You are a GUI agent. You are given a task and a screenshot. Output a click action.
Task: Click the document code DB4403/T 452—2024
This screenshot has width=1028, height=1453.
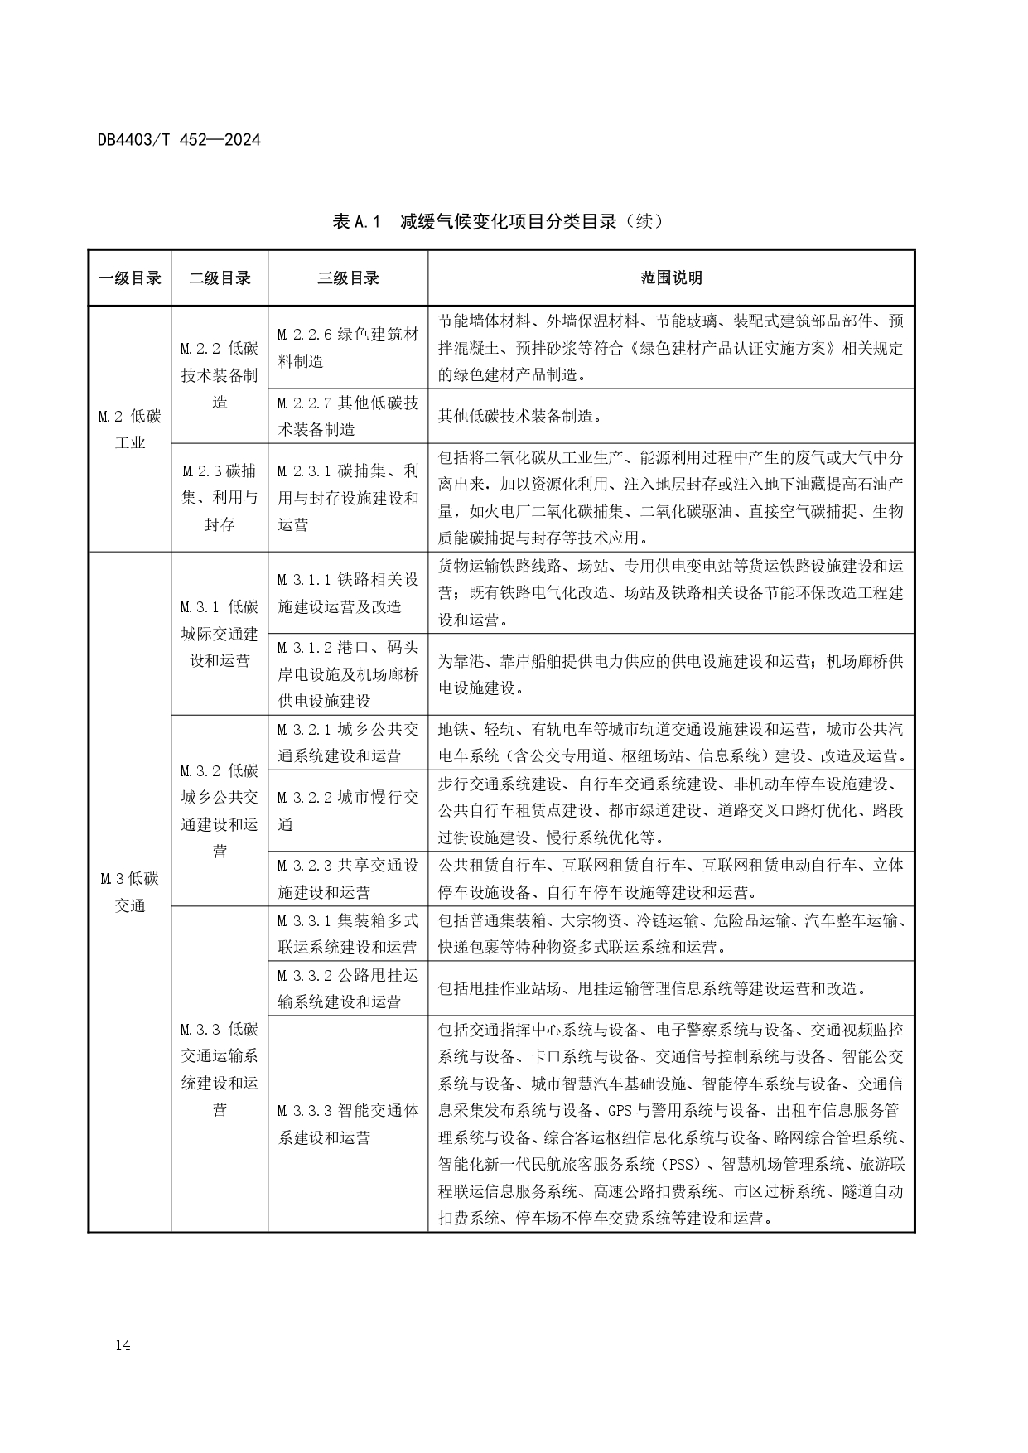point(179,140)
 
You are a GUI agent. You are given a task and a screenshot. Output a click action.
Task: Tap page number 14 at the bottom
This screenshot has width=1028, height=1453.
point(123,1345)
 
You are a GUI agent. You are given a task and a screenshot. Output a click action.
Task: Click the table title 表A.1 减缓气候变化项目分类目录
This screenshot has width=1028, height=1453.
point(499,221)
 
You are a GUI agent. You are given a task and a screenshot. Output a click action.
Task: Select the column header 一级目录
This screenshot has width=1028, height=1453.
point(130,278)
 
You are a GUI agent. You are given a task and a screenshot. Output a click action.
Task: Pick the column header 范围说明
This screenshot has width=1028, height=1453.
point(671,278)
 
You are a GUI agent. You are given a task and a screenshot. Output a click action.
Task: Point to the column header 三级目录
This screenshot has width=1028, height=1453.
point(348,278)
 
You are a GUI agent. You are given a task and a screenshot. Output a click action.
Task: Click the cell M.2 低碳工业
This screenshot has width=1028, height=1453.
point(130,429)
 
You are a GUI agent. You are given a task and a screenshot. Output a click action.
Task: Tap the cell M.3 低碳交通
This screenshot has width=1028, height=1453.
point(130,891)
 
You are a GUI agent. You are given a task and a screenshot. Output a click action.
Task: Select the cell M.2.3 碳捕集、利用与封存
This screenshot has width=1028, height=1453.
point(220,497)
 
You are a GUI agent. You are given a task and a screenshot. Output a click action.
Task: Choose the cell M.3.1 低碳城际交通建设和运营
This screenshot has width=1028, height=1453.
point(220,634)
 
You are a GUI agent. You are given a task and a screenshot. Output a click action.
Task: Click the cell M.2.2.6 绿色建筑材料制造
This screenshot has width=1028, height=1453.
point(348,348)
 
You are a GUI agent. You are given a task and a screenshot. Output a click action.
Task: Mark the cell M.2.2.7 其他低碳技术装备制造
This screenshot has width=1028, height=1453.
point(348,416)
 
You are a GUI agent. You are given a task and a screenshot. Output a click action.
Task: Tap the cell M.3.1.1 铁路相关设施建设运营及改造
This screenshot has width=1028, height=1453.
point(348,593)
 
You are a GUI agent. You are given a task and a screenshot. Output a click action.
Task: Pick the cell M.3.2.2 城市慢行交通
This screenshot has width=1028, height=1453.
point(348,810)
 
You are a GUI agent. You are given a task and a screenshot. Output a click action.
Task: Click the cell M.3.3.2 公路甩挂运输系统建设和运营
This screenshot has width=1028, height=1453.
point(348,988)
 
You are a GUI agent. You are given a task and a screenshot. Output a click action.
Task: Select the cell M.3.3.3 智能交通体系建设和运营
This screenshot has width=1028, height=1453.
point(348,1123)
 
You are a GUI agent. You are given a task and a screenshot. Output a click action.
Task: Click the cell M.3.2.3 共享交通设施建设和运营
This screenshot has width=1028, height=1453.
point(348,879)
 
